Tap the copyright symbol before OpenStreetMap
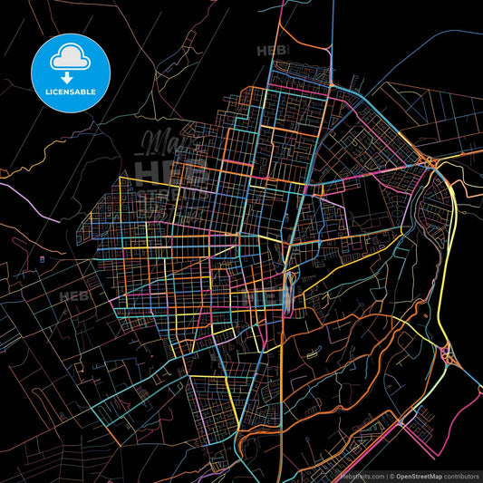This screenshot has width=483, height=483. pyautogui.click(x=391, y=475)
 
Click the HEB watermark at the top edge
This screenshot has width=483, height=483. pyautogui.click(x=269, y=51)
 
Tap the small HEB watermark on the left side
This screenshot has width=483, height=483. pyautogui.click(x=69, y=296)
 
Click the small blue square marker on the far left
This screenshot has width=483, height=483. pyautogui.click(x=42, y=261)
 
